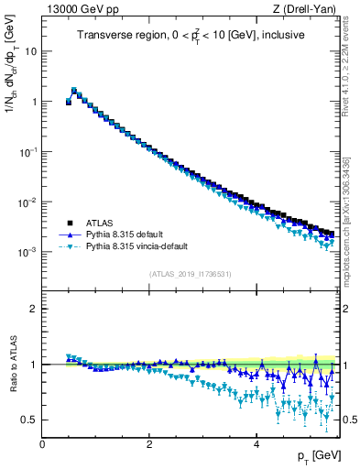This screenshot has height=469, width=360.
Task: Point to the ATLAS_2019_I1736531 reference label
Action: tap(191, 273)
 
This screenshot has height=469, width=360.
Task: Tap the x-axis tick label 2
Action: tap(149, 444)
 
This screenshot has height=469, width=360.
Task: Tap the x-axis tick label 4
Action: tap(256, 444)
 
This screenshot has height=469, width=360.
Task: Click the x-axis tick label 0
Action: tap(42, 444)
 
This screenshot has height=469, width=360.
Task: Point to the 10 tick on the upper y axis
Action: tap(30, 51)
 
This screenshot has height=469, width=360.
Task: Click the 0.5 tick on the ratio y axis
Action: tap(29, 420)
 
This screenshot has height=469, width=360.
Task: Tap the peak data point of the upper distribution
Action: tap(74, 91)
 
